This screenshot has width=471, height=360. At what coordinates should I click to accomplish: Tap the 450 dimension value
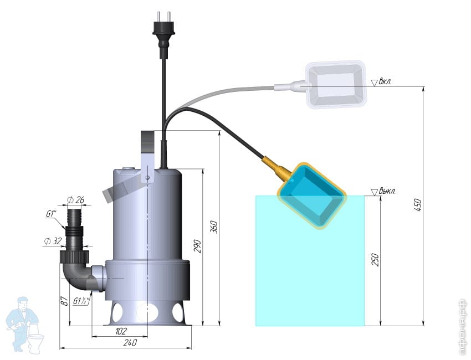pyautogui.click(x=418, y=205)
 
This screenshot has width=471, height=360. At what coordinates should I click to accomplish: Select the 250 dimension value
pyautogui.click(x=375, y=260)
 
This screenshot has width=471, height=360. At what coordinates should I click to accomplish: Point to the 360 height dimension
pyautogui.click(x=213, y=227)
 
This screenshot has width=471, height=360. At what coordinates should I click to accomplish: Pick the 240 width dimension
pyautogui.click(x=130, y=343)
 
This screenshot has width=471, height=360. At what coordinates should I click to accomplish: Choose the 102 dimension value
pyautogui.click(x=121, y=331)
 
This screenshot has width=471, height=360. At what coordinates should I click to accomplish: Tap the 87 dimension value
pyautogui.click(x=64, y=301)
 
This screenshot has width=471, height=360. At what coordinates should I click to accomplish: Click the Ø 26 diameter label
pyautogui.click(x=76, y=200)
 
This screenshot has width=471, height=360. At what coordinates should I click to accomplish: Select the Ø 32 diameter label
pyautogui.click(x=53, y=241)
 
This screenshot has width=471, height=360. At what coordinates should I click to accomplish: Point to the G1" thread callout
pyautogui.click(x=51, y=214)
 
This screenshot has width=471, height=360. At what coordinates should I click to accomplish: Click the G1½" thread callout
pyautogui.click(x=82, y=301)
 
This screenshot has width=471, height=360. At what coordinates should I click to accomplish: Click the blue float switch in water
pyautogui.click(x=311, y=196)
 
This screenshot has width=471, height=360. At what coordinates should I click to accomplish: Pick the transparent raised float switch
pyautogui.click(x=336, y=84)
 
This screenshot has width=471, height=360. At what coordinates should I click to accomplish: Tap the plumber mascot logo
pyautogui.click(x=24, y=325)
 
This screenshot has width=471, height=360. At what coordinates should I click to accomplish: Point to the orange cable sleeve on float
pyautogui.click(x=277, y=168)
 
